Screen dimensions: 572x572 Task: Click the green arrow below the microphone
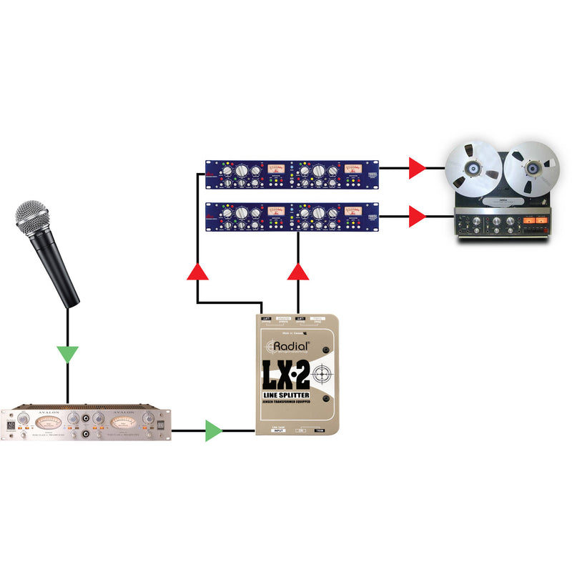click(x=68, y=354)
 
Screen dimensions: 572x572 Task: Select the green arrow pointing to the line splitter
click(x=213, y=430)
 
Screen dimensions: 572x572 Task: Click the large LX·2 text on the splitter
click(x=288, y=374)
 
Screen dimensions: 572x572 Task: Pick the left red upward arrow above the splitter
click(x=197, y=272)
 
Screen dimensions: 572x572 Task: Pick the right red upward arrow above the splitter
click(x=298, y=272)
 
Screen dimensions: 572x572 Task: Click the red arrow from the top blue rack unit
click(x=418, y=169)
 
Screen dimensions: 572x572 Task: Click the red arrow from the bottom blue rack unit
click(x=418, y=215)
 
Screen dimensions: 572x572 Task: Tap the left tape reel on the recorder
click(x=473, y=171)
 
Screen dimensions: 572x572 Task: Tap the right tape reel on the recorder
click(x=530, y=171)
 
